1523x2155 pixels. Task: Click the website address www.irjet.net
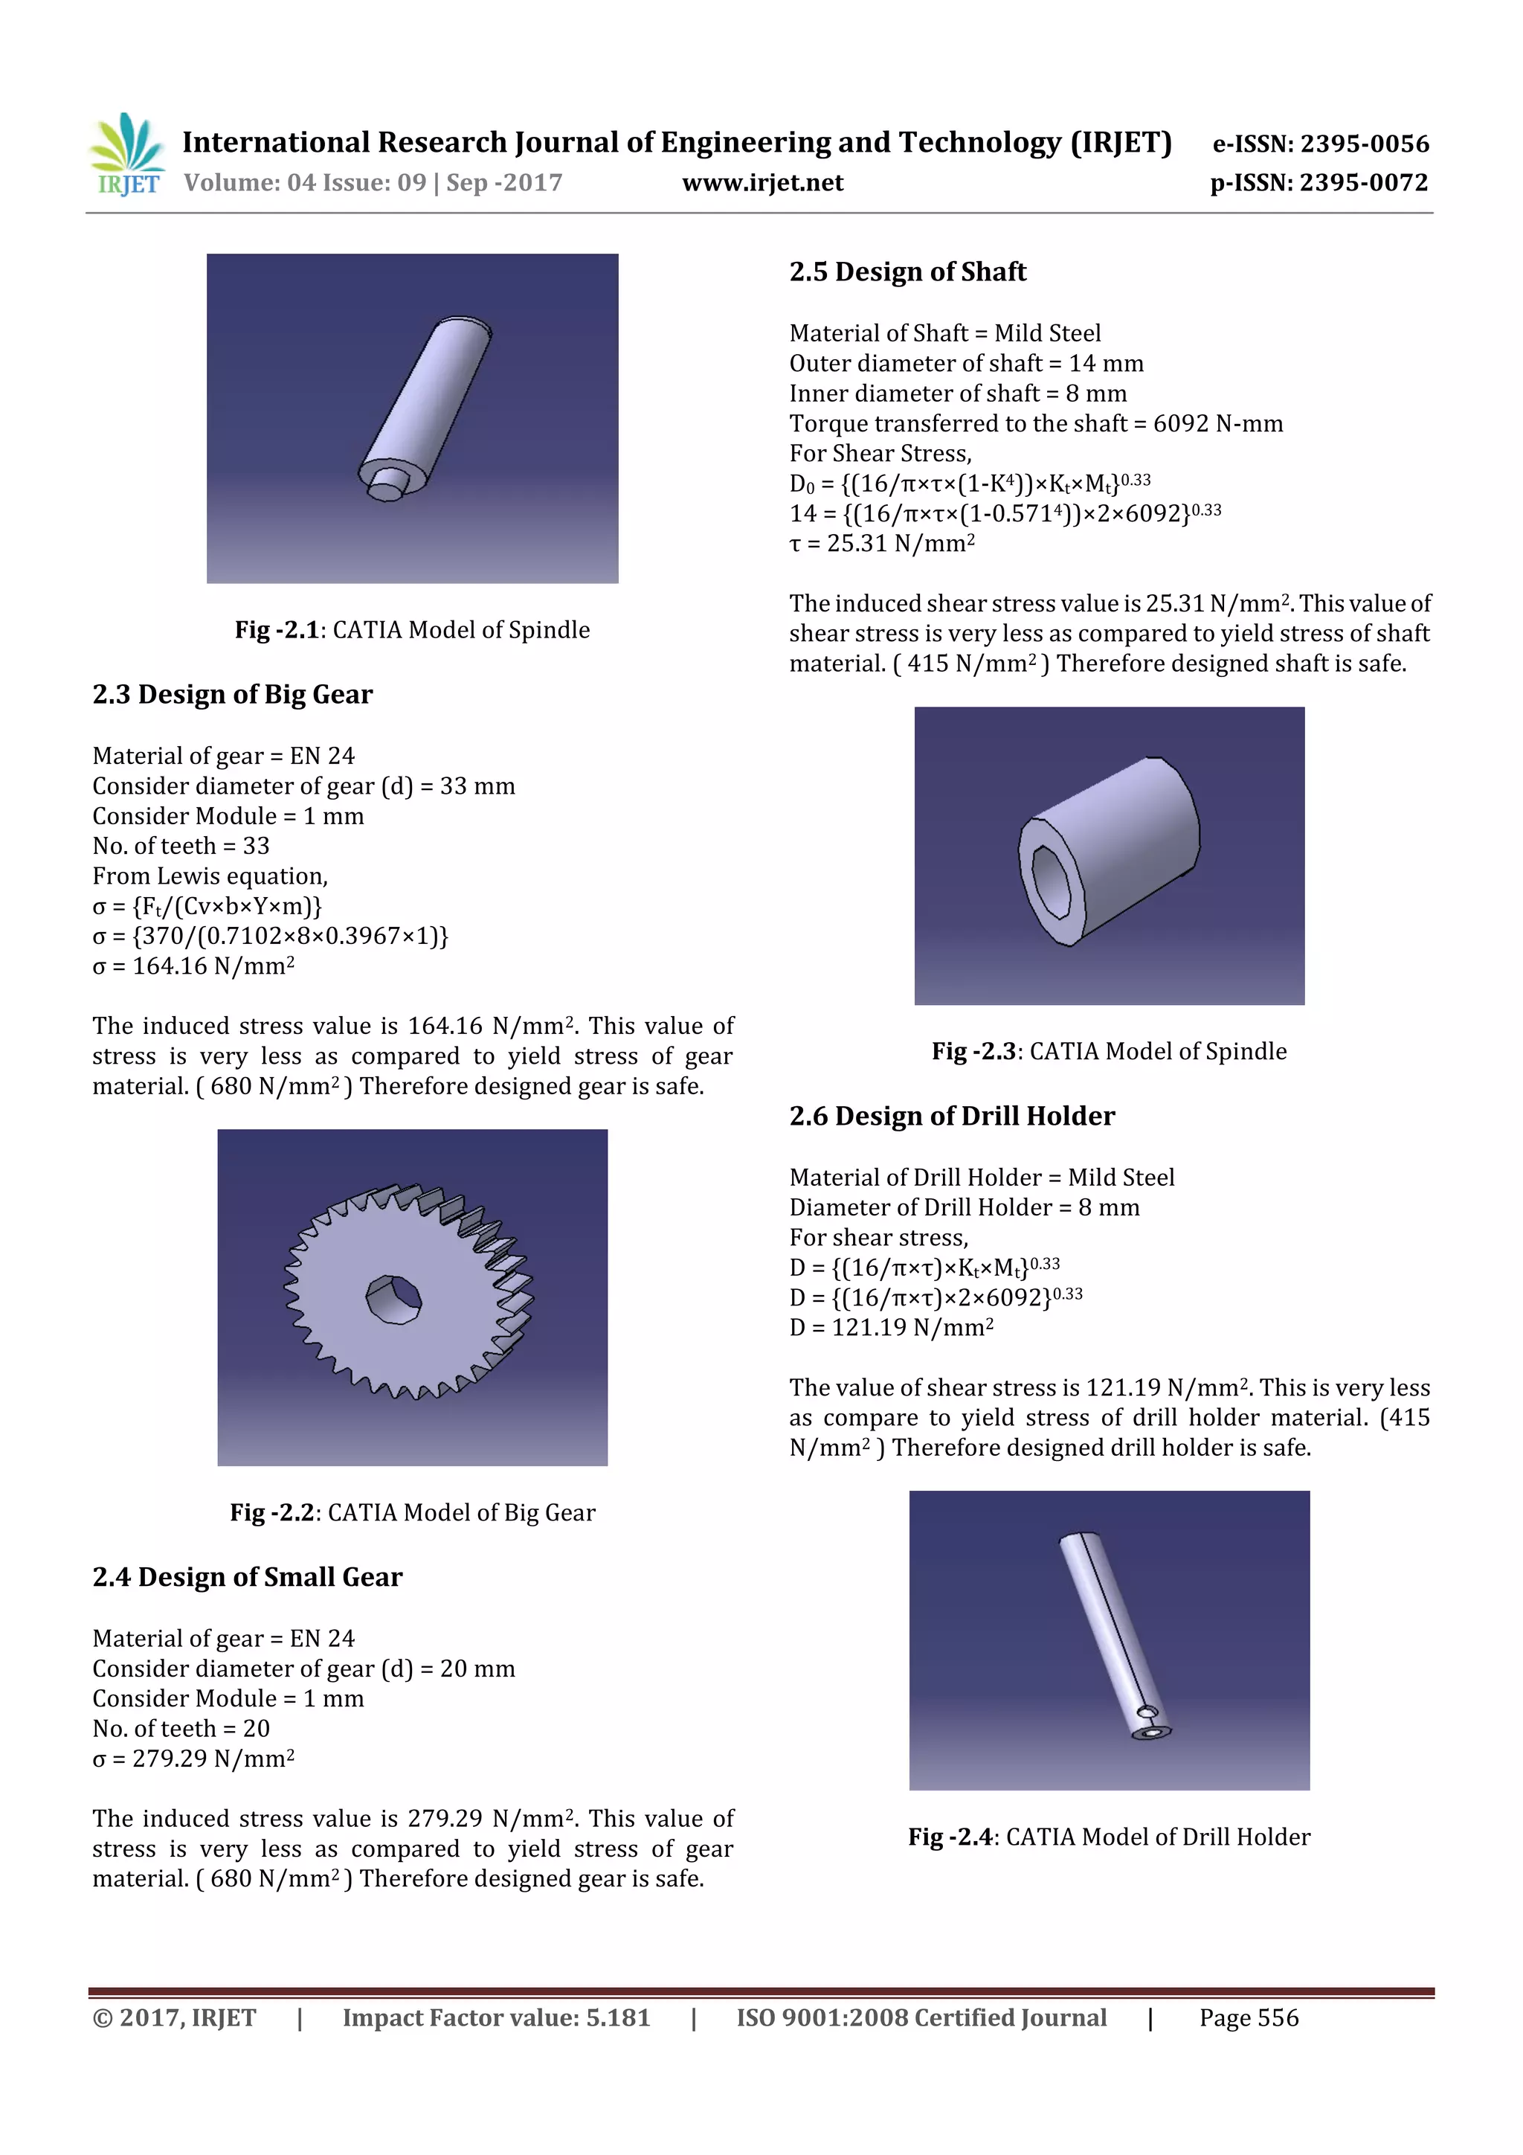click(x=762, y=183)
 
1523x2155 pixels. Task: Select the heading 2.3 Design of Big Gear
click(x=232, y=695)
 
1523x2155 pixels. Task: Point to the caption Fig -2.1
click(x=412, y=630)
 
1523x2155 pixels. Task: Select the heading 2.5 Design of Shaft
click(x=907, y=272)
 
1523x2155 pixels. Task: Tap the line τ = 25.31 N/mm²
click(x=881, y=544)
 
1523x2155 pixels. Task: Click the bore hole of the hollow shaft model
click(x=1051, y=881)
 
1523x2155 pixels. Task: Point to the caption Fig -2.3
click(x=1108, y=1051)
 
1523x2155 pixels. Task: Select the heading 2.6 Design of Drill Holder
click(x=952, y=1116)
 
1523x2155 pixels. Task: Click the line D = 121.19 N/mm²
click(x=891, y=1327)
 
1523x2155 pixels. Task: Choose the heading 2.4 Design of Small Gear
click(x=247, y=1577)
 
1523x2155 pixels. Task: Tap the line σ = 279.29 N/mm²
click(x=193, y=1758)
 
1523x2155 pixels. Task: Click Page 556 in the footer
click(x=1248, y=2018)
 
